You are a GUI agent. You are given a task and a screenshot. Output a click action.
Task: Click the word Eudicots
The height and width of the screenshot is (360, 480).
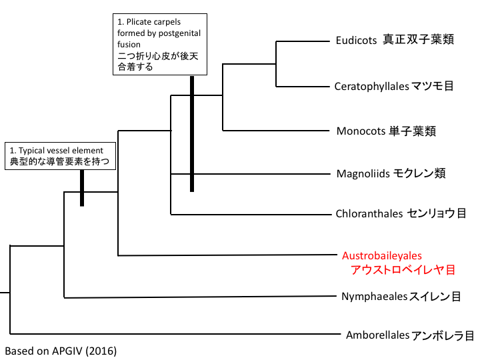pyautogui.click(x=357, y=40)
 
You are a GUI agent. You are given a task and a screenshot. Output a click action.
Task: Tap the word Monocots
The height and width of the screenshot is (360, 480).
pyautogui.click(x=361, y=131)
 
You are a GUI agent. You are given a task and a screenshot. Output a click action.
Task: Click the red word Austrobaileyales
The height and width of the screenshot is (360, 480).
pyautogui.click(x=382, y=255)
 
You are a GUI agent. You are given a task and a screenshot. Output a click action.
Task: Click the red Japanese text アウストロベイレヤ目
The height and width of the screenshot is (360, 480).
pyautogui.click(x=403, y=270)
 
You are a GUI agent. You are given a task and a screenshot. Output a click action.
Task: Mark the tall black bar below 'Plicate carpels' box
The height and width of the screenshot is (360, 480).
pyautogui.click(x=192, y=133)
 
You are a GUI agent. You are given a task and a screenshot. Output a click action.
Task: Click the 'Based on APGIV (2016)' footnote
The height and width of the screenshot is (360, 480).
pyautogui.click(x=60, y=349)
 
